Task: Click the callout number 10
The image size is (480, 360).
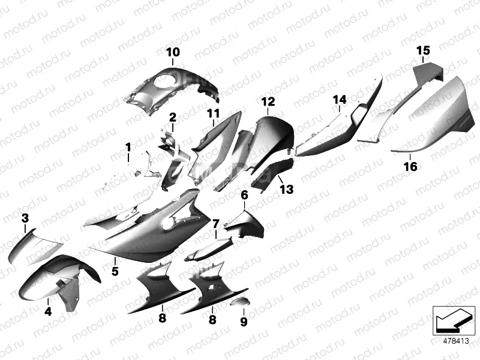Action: click(x=172, y=52)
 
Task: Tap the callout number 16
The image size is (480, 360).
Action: click(x=410, y=167)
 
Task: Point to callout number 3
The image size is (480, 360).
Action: click(x=25, y=217)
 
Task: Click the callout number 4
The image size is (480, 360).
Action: click(x=48, y=311)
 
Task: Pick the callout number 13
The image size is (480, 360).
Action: click(x=286, y=190)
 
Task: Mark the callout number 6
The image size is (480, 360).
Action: click(x=244, y=195)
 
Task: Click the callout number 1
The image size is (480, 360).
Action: click(x=128, y=147)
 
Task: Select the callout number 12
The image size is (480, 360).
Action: click(x=268, y=101)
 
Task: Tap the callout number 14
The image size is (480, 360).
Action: click(x=340, y=99)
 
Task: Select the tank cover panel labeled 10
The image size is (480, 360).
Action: click(x=174, y=87)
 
